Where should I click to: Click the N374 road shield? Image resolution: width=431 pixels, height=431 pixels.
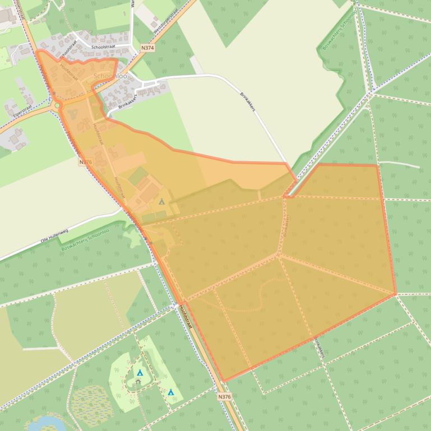(x=148, y=48)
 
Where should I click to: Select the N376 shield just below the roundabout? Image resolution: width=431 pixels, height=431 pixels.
(x=85, y=162)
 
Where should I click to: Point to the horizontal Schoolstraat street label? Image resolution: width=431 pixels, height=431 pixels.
(x=105, y=48)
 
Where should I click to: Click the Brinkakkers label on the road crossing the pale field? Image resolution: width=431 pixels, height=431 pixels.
(x=247, y=101)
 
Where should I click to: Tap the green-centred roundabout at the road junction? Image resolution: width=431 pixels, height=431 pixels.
(x=57, y=105)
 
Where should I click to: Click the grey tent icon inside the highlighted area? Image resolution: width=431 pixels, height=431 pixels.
(x=162, y=202)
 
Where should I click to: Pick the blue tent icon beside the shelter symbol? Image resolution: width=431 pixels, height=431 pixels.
(x=140, y=373)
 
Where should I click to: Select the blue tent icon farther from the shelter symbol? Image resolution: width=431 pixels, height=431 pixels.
(x=171, y=392)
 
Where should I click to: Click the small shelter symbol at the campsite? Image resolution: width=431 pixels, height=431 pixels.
(x=138, y=382)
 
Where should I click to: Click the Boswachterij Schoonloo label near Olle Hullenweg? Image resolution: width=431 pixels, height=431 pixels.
(x=84, y=239)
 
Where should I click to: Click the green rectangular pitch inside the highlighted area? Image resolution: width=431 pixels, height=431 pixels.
(x=138, y=176)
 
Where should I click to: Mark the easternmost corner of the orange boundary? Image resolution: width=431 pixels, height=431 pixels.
(x=396, y=293)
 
